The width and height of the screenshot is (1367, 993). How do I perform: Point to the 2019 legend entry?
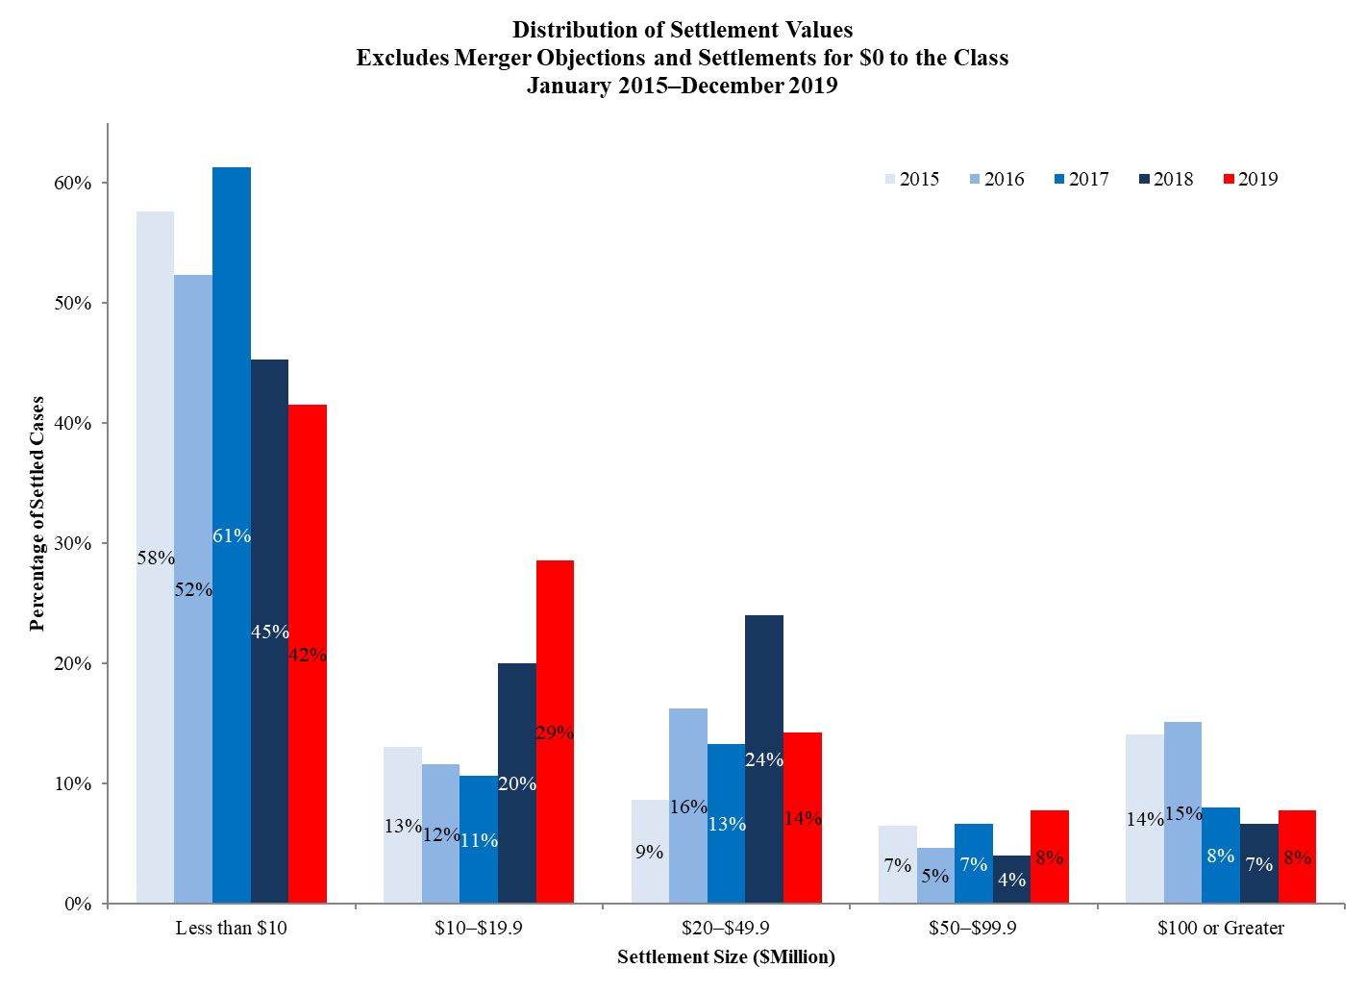pos(1250,179)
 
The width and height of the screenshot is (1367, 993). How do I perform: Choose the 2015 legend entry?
pos(910,179)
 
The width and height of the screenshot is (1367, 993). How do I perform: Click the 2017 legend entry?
pos(1080,179)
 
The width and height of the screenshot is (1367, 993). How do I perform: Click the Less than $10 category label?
pos(231,929)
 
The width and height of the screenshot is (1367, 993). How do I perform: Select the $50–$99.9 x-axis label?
pos(973,929)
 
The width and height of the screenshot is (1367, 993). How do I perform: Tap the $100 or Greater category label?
pos(1221,929)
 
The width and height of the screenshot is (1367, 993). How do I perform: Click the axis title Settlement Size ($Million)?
pos(726,957)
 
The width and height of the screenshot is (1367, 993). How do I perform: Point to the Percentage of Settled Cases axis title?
pos(37,513)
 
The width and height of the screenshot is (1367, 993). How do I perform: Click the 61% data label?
pos(232,535)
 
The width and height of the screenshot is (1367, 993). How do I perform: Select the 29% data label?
pos(555,732)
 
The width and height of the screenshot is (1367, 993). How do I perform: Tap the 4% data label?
pos(1011,879)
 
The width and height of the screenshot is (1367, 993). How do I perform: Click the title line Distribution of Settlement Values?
pos(683,30)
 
